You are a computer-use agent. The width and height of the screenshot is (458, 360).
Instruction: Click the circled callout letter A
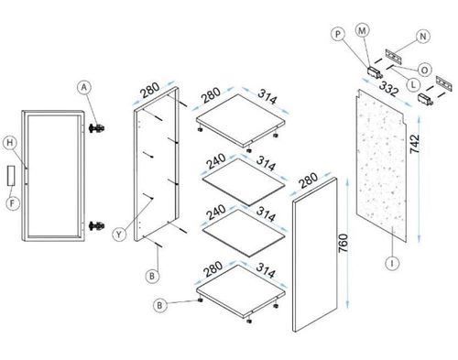point(83,88)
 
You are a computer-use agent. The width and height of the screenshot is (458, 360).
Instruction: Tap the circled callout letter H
point(8,142)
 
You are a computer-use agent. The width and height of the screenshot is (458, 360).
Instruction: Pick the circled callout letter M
point(364,30)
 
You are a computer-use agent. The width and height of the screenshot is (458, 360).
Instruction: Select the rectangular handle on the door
point(11,173)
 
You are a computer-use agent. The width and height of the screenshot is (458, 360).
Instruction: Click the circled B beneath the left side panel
point(155,273)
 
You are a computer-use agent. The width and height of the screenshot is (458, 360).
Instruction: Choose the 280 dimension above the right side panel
point(309,178)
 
